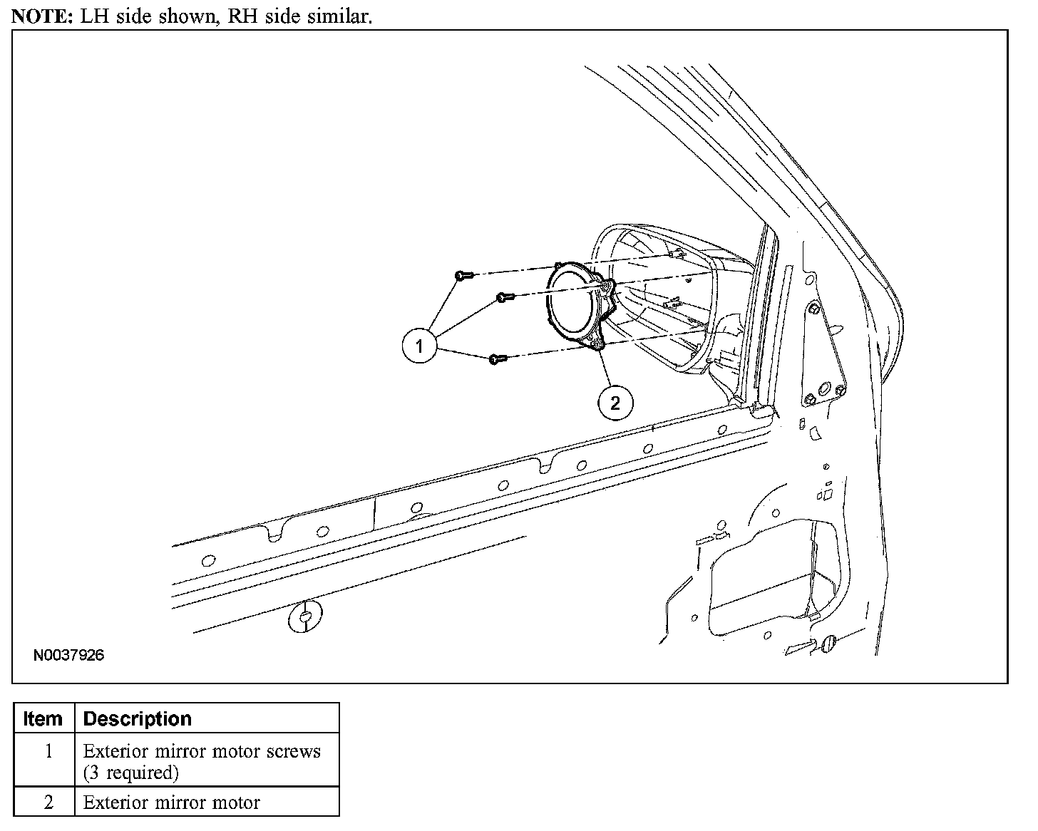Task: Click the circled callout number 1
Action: click(x=419, y=346)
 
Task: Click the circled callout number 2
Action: click(x=615, y=404)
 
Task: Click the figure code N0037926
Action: click(x=68, y=655)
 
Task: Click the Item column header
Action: click(x=43, y=718)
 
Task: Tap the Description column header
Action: click(x=138, y=718)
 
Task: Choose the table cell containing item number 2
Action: click(x=48, y=802)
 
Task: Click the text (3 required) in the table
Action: click(x=130, y=773)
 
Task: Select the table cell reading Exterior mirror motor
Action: click(x=171, y=802)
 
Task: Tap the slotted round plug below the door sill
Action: click(x=304, y=617)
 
